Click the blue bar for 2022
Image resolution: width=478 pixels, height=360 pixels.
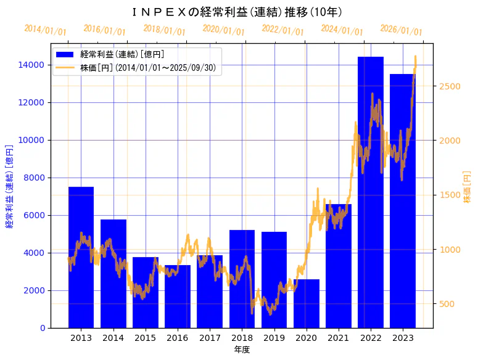tap(371, 192)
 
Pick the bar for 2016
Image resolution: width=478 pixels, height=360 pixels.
tap(178, 297)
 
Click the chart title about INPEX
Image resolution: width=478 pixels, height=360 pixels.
tap(237, 12)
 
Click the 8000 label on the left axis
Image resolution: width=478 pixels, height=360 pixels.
tap(33, 178)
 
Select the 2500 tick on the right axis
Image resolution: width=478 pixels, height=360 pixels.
tap(450, 86)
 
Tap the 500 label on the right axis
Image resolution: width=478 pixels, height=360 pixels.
tap(448, 304)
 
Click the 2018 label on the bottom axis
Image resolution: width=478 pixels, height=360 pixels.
tap(242, 338)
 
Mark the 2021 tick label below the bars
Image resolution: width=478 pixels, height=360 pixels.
tap(339, 338)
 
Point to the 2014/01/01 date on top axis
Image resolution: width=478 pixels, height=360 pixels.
tap(46, 30)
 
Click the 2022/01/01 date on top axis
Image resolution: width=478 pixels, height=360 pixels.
tap(282, 30)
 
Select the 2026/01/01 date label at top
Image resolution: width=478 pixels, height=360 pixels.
tap(401, 30)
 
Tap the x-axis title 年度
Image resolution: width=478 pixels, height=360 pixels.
tap(242, 350)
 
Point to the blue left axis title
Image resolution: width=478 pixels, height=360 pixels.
tap(9, 186)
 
